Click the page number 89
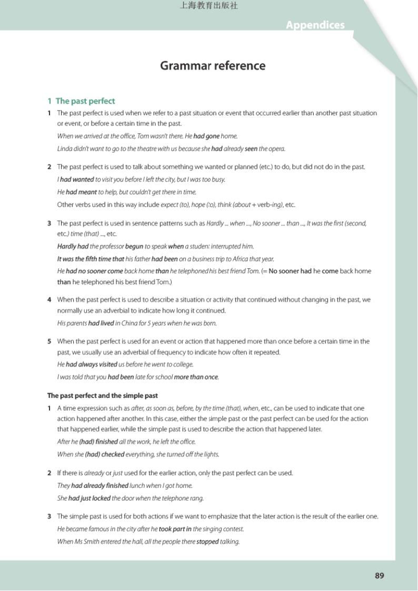pyautogui.click(x=380, y=576)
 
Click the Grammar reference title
pyautogui.click(x=213, y=66)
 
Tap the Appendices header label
pyautogui.click(x=315, y=25)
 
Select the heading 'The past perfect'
pyautogui.click(x=85, y=101)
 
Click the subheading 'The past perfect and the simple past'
pyautogui.click(x=103, y=396)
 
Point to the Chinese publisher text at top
pyautogui.click(x=209, y=6)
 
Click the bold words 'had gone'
pyautogui.click(x=206, y=136)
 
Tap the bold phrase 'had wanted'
pyautogui.click(x=77, y=179)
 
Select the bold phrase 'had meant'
pyautogui.click(x=81, y=192)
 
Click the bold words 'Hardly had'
pyautogui.click(x=73, y=246)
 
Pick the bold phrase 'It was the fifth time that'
pyautogui.click(x=91, y=259)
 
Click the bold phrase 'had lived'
pyautogui.click(x=101, y=323)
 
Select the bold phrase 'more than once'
pyautogui.click(x=196, y=377)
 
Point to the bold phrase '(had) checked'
pyautogui.click(x=105, y=454)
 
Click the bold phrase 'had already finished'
pyautogui.click(x=99, y=486)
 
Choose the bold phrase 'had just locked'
pyautogui.click(x=89, y=498)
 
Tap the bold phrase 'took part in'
pyautogui.click(x=175, y=529)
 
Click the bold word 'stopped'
pyautogui.click(x=207, y=542)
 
